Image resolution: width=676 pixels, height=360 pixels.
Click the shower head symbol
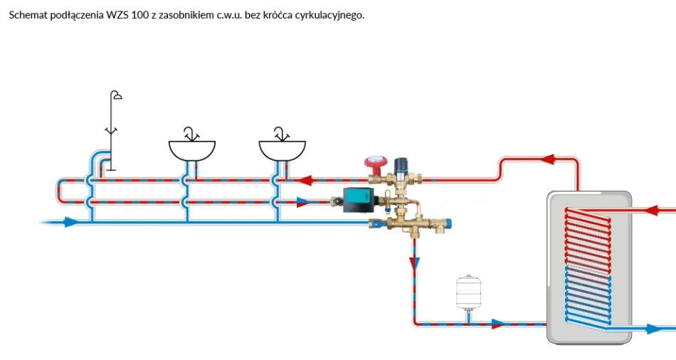[115, 96]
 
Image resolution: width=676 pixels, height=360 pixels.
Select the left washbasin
[191, 149]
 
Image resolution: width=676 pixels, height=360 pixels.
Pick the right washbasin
[282, 149]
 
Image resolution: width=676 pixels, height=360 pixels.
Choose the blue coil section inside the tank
[587, 296]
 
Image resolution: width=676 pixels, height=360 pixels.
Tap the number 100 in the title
[140, 15]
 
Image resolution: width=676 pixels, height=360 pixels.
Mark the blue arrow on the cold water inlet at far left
[70, 222]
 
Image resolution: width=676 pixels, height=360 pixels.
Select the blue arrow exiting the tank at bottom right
[653, 329]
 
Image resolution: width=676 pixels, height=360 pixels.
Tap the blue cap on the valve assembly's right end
[448, 227]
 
